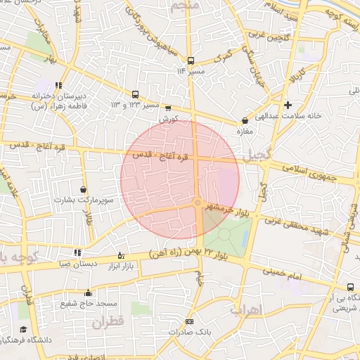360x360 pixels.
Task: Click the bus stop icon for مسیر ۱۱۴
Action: pyautogui.click(x=190, y=60)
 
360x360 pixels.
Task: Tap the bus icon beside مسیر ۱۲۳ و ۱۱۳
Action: pyautogui.click(x=135, y=94)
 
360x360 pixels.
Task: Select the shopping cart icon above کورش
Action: pyautogui.click(x=167, y=108)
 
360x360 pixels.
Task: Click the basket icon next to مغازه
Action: pyautogui.click(x=245, y=120)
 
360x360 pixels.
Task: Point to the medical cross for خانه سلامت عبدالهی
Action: pyautogui.click(x=288, y=105)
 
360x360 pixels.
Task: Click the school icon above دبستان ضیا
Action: pyautogui.click(x=77, y=252)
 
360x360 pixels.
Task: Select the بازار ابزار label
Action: pyautogui.click(x=120, y=267)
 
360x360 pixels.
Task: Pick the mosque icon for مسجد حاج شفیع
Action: pyautogui.click(x=88, y=292)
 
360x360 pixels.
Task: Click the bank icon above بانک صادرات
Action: pyautogui.click(x=188, y=321)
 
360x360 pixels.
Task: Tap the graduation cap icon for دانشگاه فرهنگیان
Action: pyautogui.click(x=23, y=329)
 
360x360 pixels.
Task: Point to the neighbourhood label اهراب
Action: pyautogui.click(x=246, y=309)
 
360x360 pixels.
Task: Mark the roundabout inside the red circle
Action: pyautogui.click(x=200, y=204)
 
